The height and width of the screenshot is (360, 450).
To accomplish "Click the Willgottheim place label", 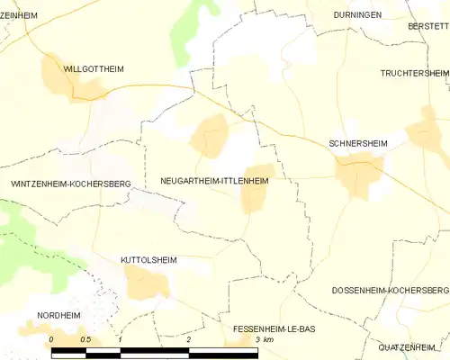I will (94, 68).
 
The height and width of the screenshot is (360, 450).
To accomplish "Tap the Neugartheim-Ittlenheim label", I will (213, 181).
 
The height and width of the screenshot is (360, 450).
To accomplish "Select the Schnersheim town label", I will (358, 143).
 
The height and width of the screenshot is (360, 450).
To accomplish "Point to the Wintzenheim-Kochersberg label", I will (70, 184).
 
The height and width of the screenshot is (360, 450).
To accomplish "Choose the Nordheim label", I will (59, 315).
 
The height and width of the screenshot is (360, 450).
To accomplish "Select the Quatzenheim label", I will (413, 346).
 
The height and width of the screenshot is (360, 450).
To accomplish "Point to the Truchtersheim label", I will (414, 73).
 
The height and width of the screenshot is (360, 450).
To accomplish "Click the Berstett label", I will (427, 27).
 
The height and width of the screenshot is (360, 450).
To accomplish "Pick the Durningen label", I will (357, 15).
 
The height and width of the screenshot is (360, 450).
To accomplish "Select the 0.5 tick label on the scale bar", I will (85, 340).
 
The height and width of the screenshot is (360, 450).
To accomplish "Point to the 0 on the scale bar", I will (51, 340).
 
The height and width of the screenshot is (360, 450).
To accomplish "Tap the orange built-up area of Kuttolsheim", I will (147, 283).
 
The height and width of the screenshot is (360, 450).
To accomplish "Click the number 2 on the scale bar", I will (189, 340).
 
